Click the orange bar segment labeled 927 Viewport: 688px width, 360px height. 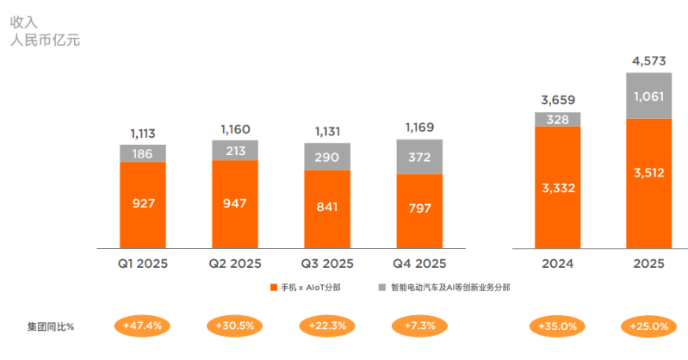[x=143, y=203]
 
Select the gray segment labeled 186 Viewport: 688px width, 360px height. [x=143, y=153]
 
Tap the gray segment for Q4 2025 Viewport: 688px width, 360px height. [x=419, y=157]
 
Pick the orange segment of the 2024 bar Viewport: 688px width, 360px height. [x=557, y=187]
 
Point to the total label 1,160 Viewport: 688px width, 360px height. [x=235, y=130]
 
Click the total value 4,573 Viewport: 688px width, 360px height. [x=648, y=61]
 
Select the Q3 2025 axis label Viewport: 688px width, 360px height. [x=327, y=264]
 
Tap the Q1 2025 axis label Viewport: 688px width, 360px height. [x=143, y=264]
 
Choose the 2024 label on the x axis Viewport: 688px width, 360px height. [x=557, y=264]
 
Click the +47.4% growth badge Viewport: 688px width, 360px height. [x=143, y=326]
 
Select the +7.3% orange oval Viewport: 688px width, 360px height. [x=419, y=326]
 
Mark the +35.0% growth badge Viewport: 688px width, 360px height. [x=557, y=326]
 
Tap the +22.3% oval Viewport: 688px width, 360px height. [x=327, y=326]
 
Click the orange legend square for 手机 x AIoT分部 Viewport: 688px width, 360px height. [x=273, y=287]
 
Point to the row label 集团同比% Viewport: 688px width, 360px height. [x=51, y=326]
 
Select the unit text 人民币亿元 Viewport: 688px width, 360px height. [x=45, y=40]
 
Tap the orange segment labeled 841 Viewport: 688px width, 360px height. [x=327, y=208]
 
